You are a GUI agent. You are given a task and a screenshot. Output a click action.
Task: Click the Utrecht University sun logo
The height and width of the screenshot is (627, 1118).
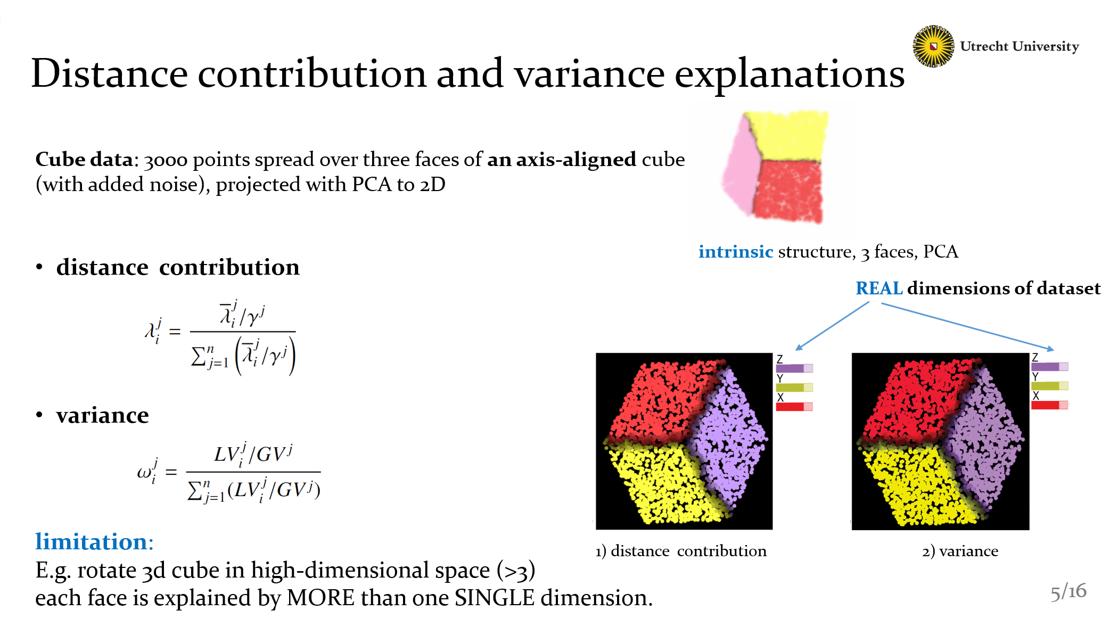coord(933,46)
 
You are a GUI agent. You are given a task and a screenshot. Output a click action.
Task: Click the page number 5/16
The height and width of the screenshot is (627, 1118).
coord(1068,591)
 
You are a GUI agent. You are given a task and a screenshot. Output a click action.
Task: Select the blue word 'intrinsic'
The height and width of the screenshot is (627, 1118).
coord(735,251)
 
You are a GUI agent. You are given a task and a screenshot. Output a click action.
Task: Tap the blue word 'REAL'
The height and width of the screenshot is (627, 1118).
coord(879,288)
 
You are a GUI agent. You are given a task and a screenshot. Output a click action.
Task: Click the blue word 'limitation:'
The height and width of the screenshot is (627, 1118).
coord(94,541)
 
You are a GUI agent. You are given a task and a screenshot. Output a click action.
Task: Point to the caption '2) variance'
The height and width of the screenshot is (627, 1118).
coord(960,551)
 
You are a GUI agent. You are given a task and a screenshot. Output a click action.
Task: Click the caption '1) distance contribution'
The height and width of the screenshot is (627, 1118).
coord(681,551)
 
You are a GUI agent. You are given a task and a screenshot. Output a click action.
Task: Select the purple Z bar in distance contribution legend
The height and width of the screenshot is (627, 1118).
coord(794,368)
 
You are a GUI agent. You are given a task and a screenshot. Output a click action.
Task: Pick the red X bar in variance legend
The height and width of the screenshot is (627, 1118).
coord(1049,405)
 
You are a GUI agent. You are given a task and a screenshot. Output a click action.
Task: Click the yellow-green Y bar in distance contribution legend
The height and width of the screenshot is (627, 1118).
coord(794,387)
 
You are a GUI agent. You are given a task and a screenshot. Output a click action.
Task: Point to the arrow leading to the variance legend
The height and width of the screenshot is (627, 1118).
coord(967,326)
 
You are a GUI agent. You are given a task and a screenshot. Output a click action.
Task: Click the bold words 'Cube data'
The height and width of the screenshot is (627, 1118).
coord(84,159)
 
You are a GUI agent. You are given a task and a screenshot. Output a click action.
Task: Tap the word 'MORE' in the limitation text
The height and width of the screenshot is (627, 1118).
coord(320,598)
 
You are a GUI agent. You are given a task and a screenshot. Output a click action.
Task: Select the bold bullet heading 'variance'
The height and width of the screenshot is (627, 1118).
coord(102,415)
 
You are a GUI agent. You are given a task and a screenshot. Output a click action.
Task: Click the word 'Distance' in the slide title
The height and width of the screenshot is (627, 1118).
coord(110,73)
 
